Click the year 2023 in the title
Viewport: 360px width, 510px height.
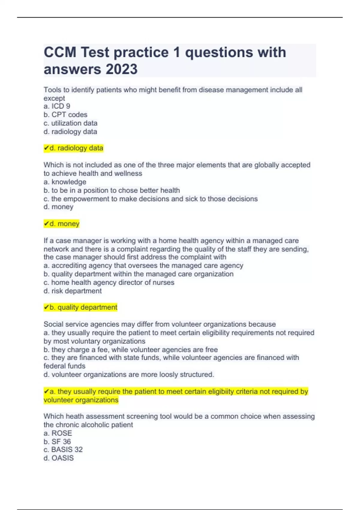click(121, 69)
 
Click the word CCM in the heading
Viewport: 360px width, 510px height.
click(60, 52)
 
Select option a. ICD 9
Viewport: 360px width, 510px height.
click(57, 106)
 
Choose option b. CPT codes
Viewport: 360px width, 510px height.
click(65, 115)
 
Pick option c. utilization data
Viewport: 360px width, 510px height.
click(70, 123)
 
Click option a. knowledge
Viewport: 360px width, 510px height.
click(65, 182)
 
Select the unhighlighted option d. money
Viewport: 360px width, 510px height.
click(58, 207)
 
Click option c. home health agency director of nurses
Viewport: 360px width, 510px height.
click(109, 282)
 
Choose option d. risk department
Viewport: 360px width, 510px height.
click(73, 291)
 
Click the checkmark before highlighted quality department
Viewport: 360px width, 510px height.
click(46, 307)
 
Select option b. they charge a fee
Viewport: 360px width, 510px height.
click(130, 349)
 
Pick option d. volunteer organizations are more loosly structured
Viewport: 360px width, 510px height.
click(129, 374)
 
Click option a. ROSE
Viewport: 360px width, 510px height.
click(58, 433)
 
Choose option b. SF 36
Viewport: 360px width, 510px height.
click(57, 442)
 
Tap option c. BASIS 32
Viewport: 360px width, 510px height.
click(63, 449)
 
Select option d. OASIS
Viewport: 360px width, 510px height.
click(58, 458)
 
